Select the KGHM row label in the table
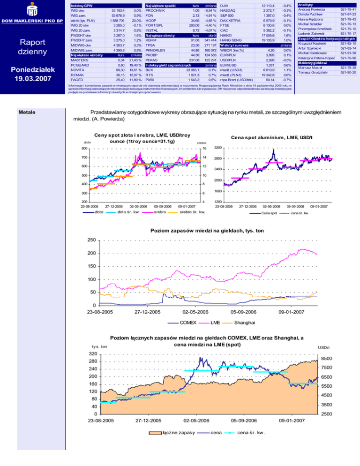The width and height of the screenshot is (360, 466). pyautogui.click(x=151, y=41)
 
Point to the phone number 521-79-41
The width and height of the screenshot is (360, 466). pyautogui.click(x=348, y=9)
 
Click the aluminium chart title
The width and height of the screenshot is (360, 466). pyautogui.click(x=274, y=137)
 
